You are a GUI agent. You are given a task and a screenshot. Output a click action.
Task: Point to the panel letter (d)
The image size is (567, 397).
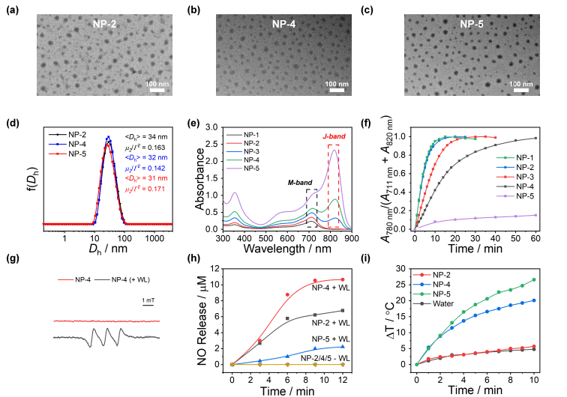click(x=13, y=120)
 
